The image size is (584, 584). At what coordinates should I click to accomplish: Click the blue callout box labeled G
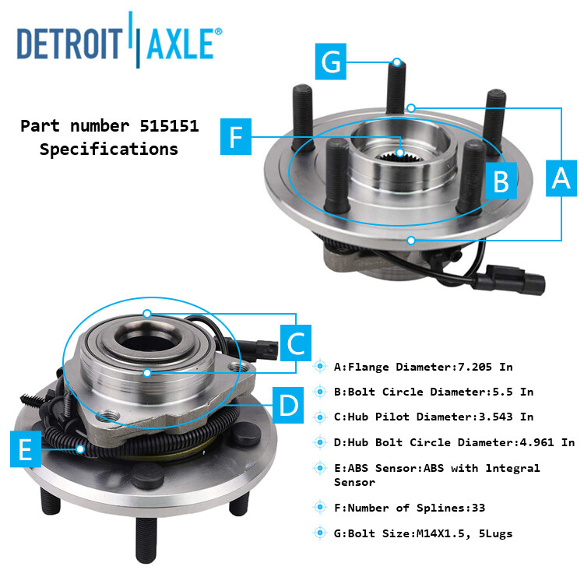[332, 62]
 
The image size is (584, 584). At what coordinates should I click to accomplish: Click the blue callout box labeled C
[296, 343]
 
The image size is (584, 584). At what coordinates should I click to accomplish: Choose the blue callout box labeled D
[289, 404]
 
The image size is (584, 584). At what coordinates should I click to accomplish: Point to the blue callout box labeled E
[26, 451]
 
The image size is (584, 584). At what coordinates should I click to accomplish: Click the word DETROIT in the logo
[69, 44]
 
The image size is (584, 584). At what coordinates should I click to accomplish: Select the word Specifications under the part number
[109, 149]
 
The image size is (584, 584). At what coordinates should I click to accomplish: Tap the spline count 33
[477, 508]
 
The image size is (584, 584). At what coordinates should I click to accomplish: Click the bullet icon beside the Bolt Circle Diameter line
[319, 392]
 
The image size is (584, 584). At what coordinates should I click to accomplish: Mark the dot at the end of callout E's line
[81, 448]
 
